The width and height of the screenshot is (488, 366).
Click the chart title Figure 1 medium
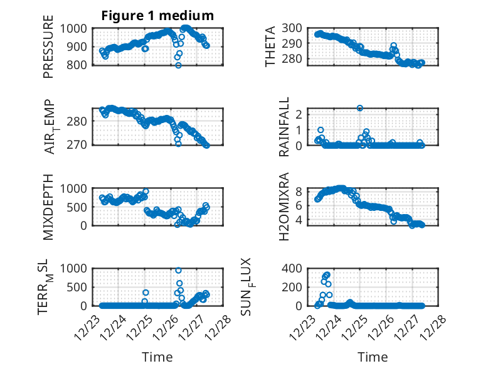pyautogui.click(x=157, y=15)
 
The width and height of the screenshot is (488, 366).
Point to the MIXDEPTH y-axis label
pyautogui.click(x=48, y=207)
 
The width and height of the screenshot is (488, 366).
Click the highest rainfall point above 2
pyautogui.click(x=360, y=108)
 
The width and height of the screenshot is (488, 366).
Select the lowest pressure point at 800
pyautogui.click(x=178, y=65)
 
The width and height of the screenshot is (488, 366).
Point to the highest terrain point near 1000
pyautogui.click(x=178, y=270)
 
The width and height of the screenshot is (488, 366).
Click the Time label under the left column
pyautogui.click(x=157, y=357)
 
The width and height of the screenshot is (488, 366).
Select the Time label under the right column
pyautogui.click(x=373, y=357)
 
